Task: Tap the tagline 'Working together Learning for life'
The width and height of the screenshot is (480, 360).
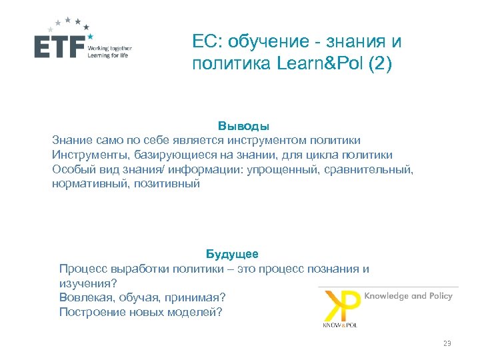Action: point(110,51)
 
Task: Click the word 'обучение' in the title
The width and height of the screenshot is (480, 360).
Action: point(262,42)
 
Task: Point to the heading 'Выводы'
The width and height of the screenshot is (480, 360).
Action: point(243,125)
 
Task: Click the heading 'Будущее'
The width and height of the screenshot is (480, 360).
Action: point(231,254)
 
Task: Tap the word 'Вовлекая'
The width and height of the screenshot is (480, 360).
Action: point(83,297)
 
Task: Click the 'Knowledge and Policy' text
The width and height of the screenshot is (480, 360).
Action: point(408,295)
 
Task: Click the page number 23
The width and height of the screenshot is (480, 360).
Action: point(447,343)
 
